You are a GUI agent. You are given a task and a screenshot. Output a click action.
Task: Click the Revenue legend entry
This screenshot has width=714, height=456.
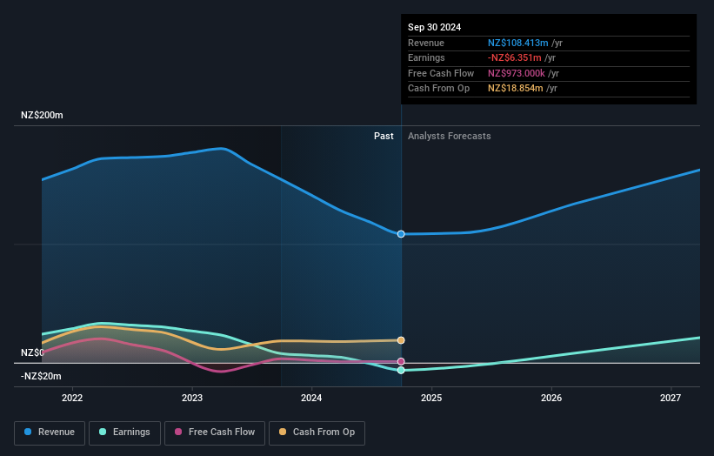click(x=50, y=432)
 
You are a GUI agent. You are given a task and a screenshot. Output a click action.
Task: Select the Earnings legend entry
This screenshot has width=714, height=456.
click(x=124, y=432)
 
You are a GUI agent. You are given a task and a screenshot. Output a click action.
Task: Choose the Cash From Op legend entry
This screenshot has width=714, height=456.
click(x=317, y=432)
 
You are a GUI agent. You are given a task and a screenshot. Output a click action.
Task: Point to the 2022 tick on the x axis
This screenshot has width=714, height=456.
click(x=72, y=398)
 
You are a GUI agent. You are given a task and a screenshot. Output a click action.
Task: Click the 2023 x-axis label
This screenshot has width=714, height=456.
click(x=192, y=398)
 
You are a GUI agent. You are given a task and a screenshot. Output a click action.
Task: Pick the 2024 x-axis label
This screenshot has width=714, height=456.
click(x=311, y=398)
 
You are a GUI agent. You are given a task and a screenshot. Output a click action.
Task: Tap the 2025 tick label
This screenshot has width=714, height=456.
click(x=431, y=398)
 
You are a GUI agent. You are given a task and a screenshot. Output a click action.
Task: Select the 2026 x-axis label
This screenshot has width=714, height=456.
click(x=551, y=398)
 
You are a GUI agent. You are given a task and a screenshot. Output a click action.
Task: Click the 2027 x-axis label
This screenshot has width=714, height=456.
click(x=671, y=398)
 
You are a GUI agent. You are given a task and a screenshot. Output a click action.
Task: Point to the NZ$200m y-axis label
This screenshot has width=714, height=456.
click(x=42, y=115)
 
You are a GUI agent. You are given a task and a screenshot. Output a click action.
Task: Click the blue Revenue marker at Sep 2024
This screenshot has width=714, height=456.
click(x=401, y=234)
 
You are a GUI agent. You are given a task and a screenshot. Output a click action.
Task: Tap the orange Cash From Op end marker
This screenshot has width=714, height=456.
click(x=401, y=340)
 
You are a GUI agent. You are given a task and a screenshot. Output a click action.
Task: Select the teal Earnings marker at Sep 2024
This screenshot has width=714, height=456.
click(x=401, y=371)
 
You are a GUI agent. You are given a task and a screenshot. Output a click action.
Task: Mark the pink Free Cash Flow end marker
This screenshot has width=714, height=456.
click(x=401, y=361)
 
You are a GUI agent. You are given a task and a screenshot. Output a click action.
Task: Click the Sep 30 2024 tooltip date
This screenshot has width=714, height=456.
click(x=434, y=27)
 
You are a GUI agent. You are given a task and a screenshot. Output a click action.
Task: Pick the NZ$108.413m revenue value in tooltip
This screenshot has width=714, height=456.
click(x=518, y=43)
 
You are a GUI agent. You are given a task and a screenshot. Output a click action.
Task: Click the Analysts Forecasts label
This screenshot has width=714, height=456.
click(x=449, y=136)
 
